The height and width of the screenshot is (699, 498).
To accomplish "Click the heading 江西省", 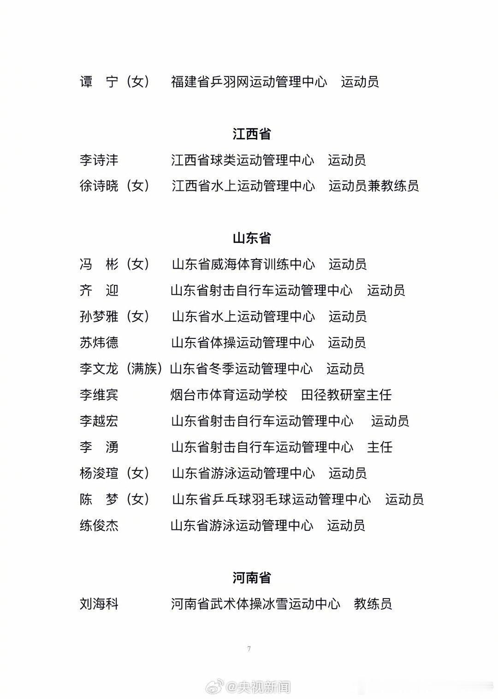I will click(x=251, y=134).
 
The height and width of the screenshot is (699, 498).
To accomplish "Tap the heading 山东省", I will click(x=251, y=238).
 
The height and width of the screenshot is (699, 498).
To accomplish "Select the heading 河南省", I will click(x=251, y=578).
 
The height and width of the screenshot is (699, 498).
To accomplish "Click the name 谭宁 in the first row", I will click(x=99, y=82).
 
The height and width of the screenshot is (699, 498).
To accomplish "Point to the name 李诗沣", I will click(x=99, y=160).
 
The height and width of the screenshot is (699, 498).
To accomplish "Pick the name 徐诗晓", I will click(x=99, y=186).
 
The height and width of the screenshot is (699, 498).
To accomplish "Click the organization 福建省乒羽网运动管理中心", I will click(x=249, y=82).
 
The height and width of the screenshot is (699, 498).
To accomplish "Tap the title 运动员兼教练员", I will click(x=373, y=186).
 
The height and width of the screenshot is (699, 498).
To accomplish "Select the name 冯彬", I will click(x=99, y=264).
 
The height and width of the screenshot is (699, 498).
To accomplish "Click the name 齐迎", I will click(x=99, y=290).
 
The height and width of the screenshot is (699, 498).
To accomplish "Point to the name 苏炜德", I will click(x=99, y=343).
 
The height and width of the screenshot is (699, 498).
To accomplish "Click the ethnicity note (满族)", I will click(x=144, y=368).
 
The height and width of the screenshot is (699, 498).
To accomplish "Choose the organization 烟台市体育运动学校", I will click(x=229, y=395).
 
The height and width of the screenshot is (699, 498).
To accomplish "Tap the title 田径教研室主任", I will click(x=346, y=395).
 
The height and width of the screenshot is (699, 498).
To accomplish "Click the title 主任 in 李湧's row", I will click(x=379, y=447).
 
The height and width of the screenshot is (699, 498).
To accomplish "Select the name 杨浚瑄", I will click(x=99, y=473).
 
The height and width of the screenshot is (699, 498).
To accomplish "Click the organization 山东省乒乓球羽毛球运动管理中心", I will click(x=271, y=499).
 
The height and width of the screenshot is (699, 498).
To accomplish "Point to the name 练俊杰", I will click(x=99, y=525).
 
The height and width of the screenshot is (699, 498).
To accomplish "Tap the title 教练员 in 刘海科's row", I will click(x=373, y=604).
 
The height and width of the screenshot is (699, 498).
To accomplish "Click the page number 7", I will click(x=249, y=649).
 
